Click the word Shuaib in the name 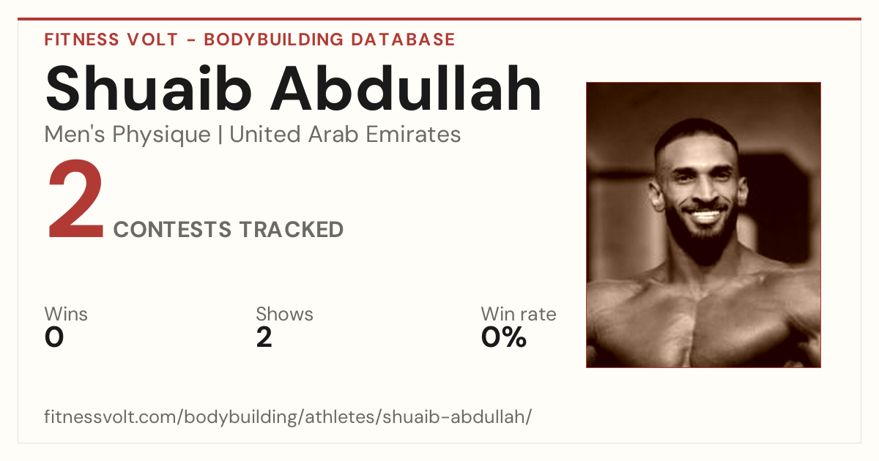tap(148, 89)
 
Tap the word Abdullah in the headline tap(406, 88)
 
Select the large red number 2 tap(75, 199)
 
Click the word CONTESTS tap(172, 229)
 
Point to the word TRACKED tap(292, 229)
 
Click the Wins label tap(66, 314)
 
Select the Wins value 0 tap(54, 337)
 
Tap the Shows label tap(284, 314)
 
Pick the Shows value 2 tap(264, 337)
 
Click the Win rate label tap(519, 314)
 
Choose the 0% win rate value tap(503, 337)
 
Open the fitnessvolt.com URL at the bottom tap(288, 416)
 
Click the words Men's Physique tap(127, 135)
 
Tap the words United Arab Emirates tap(345, 135)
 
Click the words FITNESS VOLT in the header tap(111, 40)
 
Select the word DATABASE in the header tap(403, 40)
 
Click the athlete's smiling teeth tap(705, 216)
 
